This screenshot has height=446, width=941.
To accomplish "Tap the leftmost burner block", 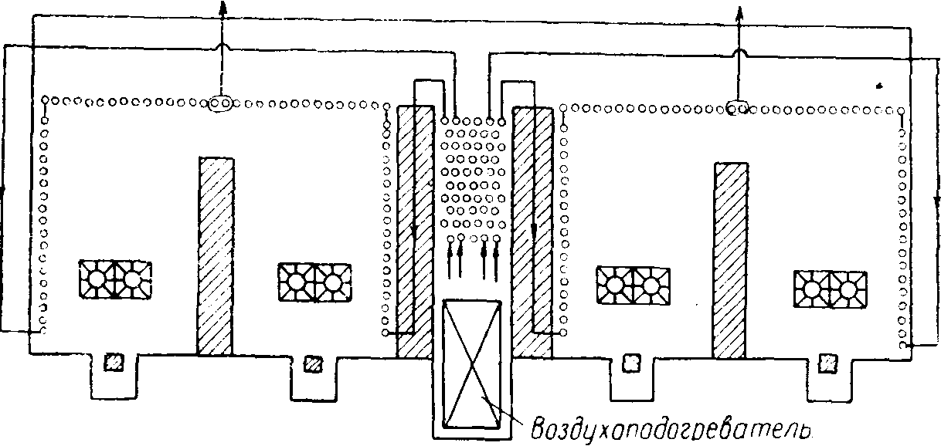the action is point(116,279).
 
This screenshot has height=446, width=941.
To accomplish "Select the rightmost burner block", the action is point(830,289).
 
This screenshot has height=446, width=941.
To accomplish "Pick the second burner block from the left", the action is point(314,282).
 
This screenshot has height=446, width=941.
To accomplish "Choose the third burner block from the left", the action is point(633,286).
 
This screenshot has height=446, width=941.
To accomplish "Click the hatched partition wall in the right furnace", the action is point(731,261).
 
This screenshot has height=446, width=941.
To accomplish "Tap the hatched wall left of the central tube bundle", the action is point(416,232).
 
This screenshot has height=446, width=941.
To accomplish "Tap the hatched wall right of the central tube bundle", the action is point(532,233).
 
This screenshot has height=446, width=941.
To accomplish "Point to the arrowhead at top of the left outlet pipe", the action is point(223,8).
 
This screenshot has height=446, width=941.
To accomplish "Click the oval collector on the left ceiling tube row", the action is point(220,103).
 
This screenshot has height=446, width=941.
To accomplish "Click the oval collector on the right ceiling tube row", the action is point(737,108).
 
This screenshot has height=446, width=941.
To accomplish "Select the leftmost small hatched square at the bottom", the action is point(114,362).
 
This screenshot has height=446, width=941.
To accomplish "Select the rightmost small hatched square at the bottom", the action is point(828,363).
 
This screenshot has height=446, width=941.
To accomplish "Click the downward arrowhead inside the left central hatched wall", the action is point(414,231).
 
